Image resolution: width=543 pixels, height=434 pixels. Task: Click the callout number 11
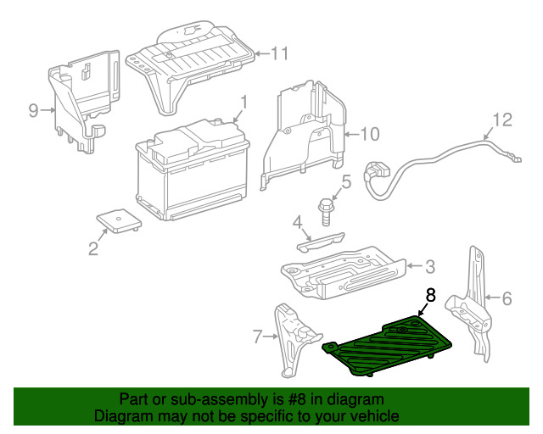[x=280, y=53]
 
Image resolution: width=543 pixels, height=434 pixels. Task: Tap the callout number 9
[x=33, y=111]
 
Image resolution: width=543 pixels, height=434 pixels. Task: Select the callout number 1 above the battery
[x=244, y=103]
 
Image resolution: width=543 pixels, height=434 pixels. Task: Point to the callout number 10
[x=370, y=134]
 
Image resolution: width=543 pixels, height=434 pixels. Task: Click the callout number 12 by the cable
[x=502, y=120]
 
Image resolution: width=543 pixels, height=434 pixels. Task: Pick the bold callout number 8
[x=430, y=296]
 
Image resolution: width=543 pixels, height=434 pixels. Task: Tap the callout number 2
[x=93, y=248]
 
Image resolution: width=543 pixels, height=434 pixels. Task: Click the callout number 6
[x=507, y=298]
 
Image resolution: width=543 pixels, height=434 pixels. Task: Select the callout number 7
[x=257, y=337]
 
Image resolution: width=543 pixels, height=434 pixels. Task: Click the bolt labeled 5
[x=326, y=212]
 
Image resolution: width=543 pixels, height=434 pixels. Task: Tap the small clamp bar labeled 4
[x=321, y=241]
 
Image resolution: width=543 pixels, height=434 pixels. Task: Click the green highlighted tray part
[x=387, y=345]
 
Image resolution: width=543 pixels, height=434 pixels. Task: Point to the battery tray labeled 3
[x=343, y=272]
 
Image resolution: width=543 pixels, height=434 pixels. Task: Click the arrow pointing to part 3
[x=414, y=266]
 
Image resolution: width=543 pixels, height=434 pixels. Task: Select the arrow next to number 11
[x=262, y=53]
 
